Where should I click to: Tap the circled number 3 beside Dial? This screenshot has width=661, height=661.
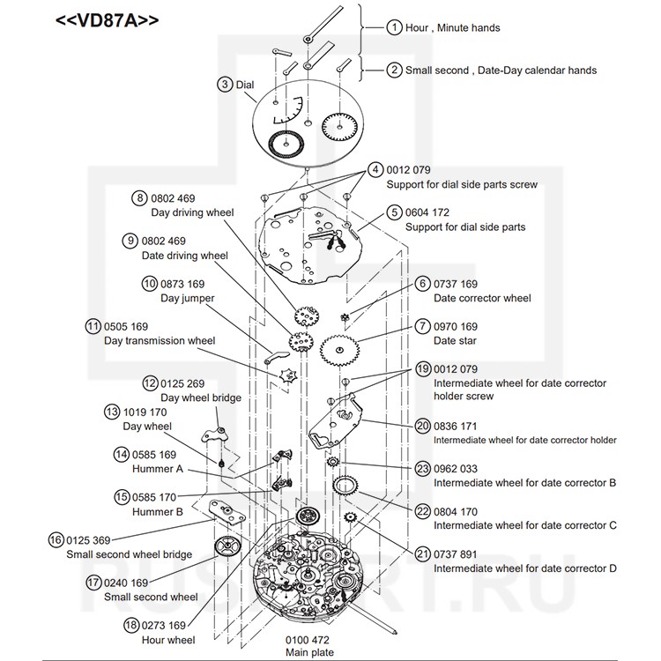(225, 84)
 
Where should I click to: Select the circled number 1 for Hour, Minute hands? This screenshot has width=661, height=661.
(393, 27)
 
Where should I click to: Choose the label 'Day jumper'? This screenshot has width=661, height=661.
(187, 298)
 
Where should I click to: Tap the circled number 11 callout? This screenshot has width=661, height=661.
(93, 326)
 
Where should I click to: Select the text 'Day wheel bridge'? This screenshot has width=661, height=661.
(200, 398)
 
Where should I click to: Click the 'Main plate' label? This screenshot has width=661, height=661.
(309, 652)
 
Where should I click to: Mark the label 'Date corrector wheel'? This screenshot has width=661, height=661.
(482, 298)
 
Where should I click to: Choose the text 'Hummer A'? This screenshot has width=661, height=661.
(158, 469)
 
